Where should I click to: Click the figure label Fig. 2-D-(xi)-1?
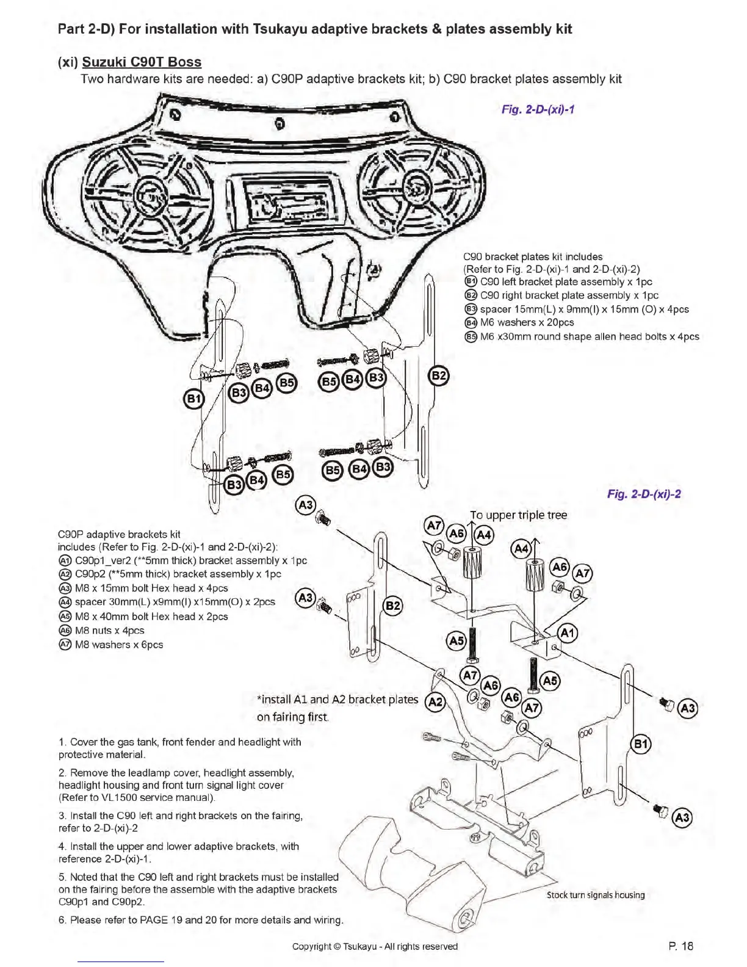538,110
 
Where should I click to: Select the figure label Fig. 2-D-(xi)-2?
644,494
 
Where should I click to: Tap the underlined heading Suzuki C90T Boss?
142,62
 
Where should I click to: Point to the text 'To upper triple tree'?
518,515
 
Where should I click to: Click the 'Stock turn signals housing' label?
595,895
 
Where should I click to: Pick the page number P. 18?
680,946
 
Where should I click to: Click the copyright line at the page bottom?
375,947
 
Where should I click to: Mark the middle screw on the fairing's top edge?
280,125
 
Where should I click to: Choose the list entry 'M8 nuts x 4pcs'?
109,631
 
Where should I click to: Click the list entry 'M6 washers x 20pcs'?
527,322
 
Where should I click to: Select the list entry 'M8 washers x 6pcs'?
119,645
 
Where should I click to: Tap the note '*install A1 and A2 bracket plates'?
337,700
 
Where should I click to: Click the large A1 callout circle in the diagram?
568,633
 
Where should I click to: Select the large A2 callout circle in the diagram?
435,702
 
